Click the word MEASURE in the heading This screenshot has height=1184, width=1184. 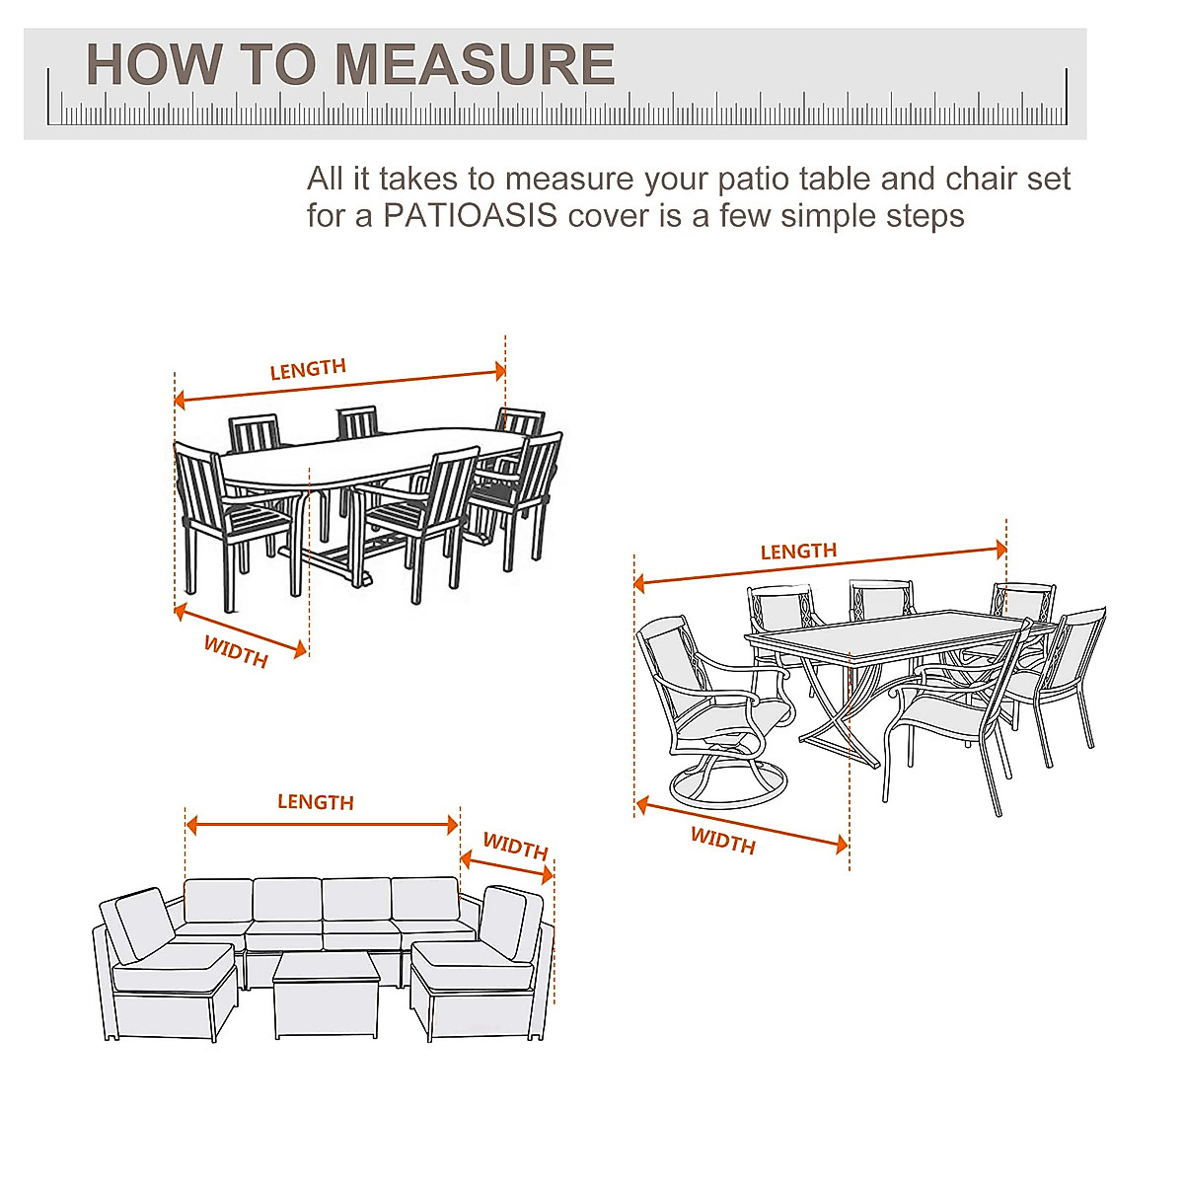point(475,65)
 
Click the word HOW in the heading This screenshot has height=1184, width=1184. point(154,65)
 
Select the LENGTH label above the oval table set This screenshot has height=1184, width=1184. point(308,369)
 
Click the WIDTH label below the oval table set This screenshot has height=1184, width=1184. point(236,651)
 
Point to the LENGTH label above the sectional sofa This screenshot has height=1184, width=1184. point(315,802)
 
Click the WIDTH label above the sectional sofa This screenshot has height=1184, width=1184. point(515,847)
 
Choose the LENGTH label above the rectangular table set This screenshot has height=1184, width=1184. point(798,552)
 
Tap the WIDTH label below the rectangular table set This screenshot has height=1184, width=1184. point(722,841)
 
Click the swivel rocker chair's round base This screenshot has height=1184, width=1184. point(729,785)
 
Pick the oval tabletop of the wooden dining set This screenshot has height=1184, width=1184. point(375,456)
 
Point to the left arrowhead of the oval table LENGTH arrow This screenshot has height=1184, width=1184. point(180,400)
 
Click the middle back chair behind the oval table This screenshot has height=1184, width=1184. point(357,421)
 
